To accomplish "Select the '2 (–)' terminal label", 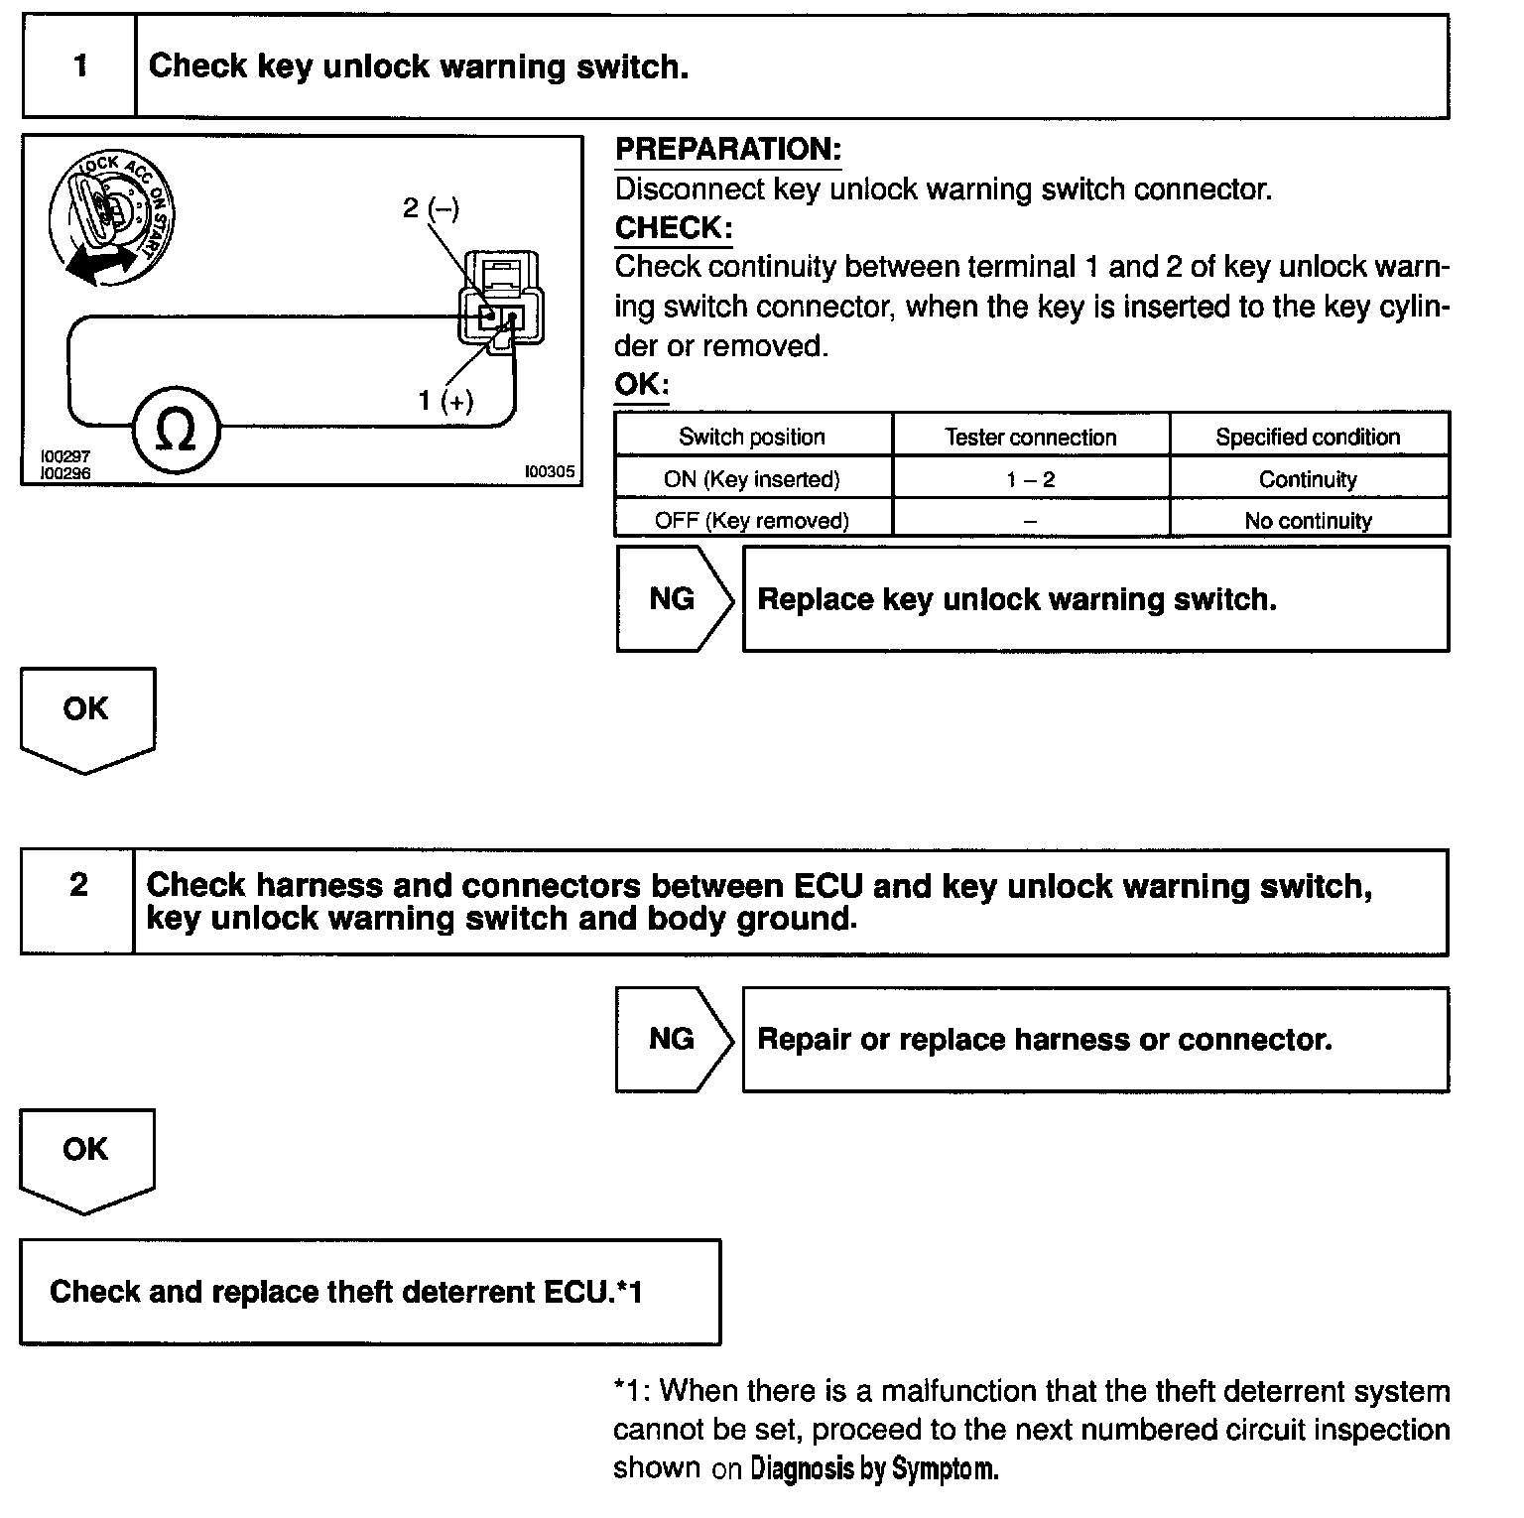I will pyautogui.click(x=431, y=208).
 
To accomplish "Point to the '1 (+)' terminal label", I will pyautogui.click(x=445, y=401).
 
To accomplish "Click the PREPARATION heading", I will pyautogui.click(x=728, y=150).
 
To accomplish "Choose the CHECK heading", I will pyautogui.click(x=674, y=228).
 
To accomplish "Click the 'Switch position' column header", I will pyautogui.click(x=752, y=437).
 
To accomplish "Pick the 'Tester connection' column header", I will pyautogui.click(x=1031, y=437).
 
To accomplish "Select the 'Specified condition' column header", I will pyautogui.click(x=1308, y=437).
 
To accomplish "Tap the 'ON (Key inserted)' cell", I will pyautogui.click(x=752, y=479).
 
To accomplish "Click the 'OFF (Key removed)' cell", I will pyautogui.click(x=752, y=520).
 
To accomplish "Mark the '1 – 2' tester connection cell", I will pyautogui.click(x=1031, y=479).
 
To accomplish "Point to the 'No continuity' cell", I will pyautogui.click(x=1308, y=520).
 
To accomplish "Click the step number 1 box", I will pyautogui.click(x=79, y=66).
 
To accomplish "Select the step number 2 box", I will pyautogui.click(x=78, y=885).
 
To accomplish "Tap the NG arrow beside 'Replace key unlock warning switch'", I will pyautogui.click(x=673, y=599).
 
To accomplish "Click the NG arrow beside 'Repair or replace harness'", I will pyautogui.click(x=673, y=1039).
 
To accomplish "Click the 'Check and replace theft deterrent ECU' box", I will pyautogui.click(x=369, y=1292).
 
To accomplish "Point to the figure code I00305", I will pyautogui.click(x=550, y=472).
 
